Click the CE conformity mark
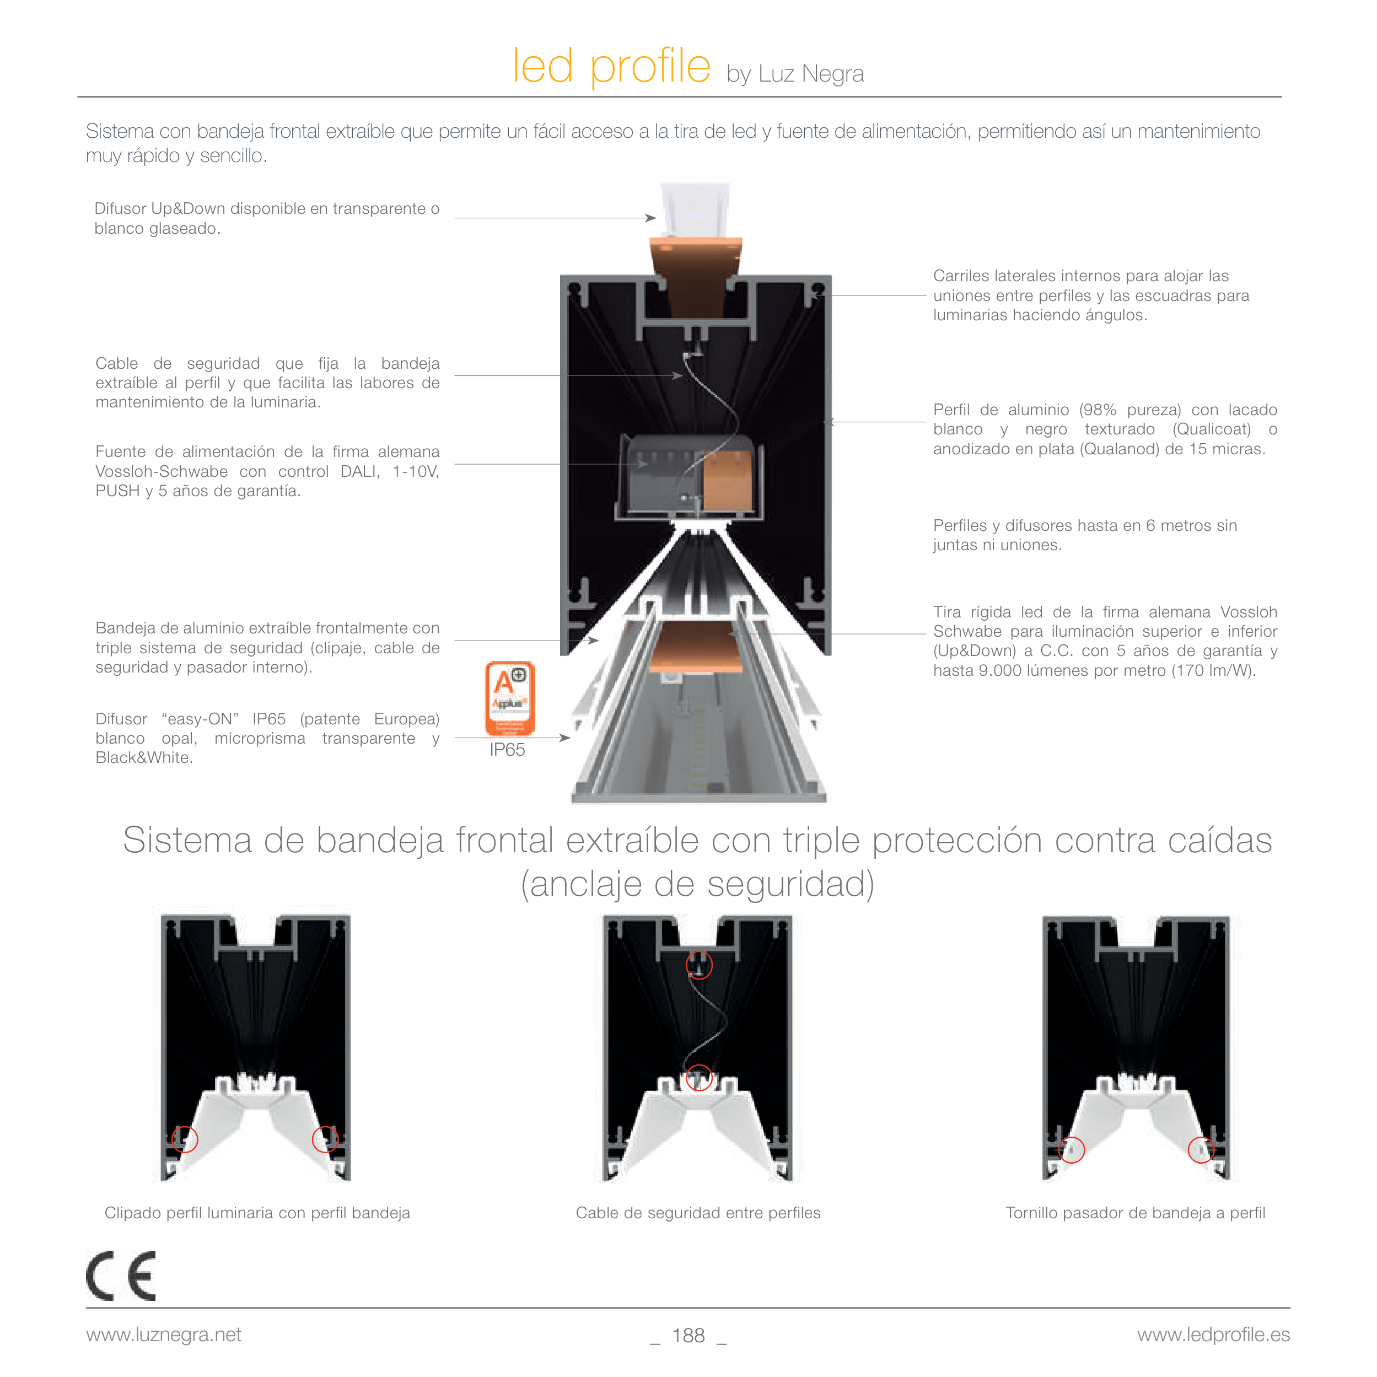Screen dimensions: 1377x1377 point(121,1276)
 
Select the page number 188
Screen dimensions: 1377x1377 point(688,1336)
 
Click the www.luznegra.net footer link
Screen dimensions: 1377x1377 point(164,1335)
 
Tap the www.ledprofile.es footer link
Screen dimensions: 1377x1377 point(1213,1335)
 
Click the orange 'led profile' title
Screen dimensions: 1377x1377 point(611,66)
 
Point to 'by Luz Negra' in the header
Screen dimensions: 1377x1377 point(795,74)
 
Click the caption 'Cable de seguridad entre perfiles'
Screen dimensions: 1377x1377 point(698,1213)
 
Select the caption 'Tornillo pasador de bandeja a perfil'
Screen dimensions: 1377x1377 point(1136,1213)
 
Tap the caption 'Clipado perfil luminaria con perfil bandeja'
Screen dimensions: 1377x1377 point(257,1213)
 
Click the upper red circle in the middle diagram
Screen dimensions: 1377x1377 point(699,965)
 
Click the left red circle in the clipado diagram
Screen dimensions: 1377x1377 point(185,1139)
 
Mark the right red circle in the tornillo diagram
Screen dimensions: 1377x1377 point(1201,1150)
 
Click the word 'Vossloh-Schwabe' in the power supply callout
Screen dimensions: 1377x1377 point(162,472)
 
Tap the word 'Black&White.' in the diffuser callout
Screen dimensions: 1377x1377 point(144,757)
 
